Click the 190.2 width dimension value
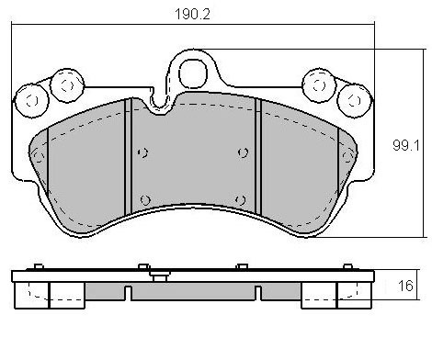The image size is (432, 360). pos(192,15)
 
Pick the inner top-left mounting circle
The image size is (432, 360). pos(64,84)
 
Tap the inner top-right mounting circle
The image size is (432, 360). pos(320,84)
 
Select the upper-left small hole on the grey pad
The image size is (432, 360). pos(140,152)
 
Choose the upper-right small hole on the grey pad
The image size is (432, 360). pos(242,152)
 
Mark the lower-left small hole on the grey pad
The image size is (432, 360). pos(145,199)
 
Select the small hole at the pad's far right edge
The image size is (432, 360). pos(348,158)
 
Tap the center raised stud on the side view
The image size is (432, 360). pos(160,276)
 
